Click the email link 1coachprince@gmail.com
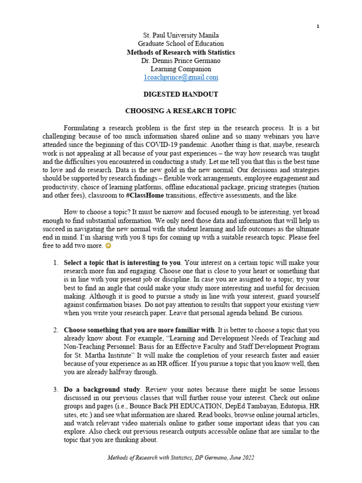pyautogui.click(x=181, y=77)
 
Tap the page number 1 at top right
pyautogui.click(x=318, y=26)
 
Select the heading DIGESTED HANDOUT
pyautogui.click(x=181, y=94)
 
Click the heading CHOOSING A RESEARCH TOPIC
pyautogui.click(x=181, y=111)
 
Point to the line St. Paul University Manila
pyautogui.click(x=181, y=35)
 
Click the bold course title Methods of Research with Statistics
pyautogui.click(x=181, y=52)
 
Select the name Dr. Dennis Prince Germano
pyautogui.click(x=181, y=61)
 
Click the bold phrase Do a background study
pyautogui.click(x=102, y=389)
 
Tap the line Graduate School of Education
pyautogui.click(x=181, y=44)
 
